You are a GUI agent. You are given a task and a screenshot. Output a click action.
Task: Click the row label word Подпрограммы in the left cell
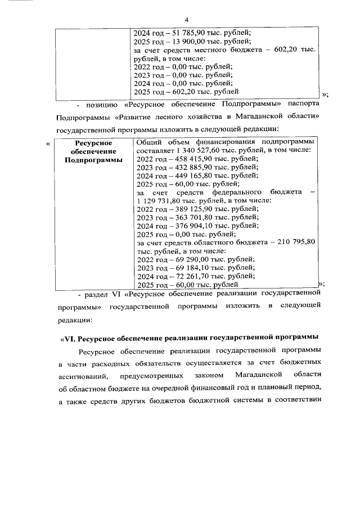(93, 160)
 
